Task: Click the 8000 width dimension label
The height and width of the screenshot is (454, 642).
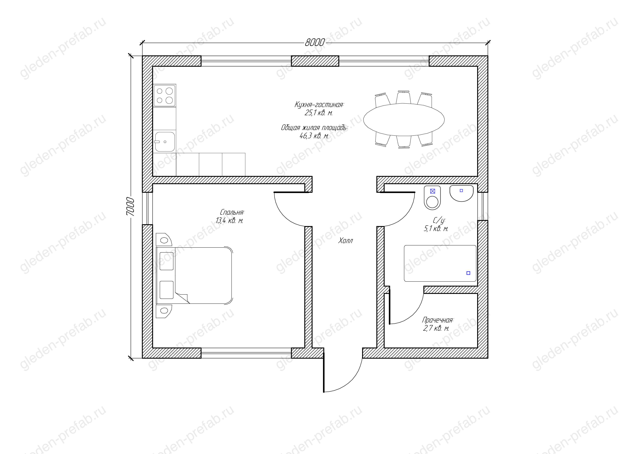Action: click(x=315, y=42)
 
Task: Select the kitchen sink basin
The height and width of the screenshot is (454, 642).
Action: click(x=165, y=142)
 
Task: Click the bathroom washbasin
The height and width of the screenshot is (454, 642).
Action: click(x=461, y=193)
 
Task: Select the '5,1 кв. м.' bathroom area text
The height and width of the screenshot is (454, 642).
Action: click(x=436, y=229)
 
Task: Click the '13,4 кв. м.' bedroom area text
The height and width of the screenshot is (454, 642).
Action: click(x=229, y=221)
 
